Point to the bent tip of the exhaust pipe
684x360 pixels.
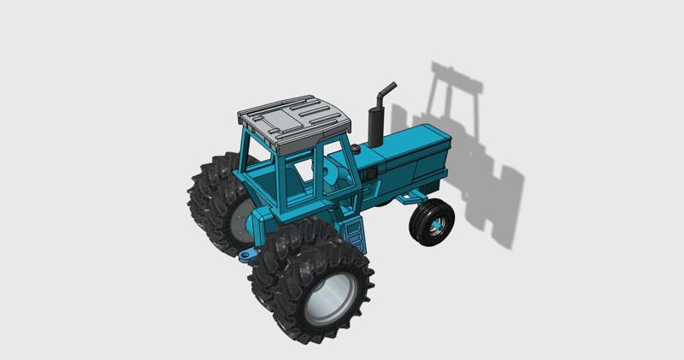[389, 87]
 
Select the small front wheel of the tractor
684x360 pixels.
[432, 221]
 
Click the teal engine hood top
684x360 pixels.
[410, 144]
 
